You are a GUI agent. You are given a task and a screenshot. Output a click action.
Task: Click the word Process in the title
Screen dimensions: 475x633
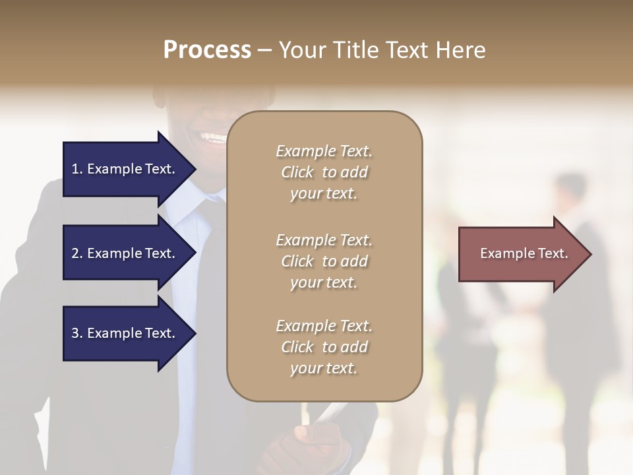point(207,50)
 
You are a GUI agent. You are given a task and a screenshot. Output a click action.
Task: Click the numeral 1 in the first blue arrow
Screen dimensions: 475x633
point(75,170)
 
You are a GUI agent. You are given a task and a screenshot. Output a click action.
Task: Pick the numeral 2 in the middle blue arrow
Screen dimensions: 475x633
point(75,254)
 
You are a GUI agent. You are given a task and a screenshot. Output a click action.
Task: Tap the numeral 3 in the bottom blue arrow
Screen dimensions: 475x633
point(75,334)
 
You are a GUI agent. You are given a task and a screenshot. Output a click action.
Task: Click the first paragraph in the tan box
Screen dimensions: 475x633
point(324,172)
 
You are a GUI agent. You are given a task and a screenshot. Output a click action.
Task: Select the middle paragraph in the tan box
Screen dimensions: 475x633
point(324,261)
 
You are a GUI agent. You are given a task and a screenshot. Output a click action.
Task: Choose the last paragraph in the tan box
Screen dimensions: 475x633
point(324,347)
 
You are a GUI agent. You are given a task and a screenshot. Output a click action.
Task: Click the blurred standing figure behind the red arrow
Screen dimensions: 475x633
point(574,198)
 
